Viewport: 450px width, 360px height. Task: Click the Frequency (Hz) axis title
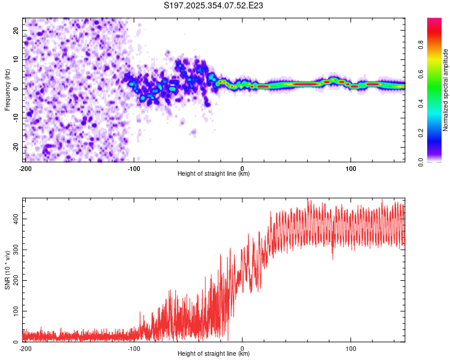[x=7, y=90]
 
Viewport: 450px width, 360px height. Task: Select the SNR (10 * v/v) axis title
[x=7, y=270]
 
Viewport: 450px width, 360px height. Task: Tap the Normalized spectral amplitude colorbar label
[x=446, y=90]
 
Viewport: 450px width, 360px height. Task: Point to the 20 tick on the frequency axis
[x=17, y=30]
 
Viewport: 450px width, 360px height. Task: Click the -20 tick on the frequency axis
[x=16, y=147]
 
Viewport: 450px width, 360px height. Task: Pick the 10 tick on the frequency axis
[x=17, y=59]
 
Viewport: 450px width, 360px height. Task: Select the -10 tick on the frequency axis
[x=16, y=118]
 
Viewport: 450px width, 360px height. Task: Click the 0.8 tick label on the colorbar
[x=421, y=44]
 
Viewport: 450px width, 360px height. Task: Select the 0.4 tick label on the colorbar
[x=421, y=103]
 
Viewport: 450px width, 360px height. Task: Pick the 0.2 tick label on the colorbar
[x=421, y=133]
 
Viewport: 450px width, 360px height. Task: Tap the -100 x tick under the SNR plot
[x=133, y=349]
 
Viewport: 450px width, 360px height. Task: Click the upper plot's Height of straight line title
[x=214, y=174]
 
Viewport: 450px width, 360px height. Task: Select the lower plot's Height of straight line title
[x=214, y=354]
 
